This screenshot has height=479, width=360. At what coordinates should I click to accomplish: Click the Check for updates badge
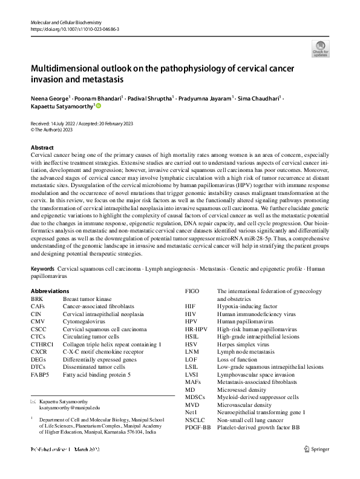point(320,48)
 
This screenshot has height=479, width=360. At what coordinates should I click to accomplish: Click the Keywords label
point(43,268)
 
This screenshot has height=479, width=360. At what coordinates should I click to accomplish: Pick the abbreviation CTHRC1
point(44,344)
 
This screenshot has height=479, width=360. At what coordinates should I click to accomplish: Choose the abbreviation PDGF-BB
point(198,428)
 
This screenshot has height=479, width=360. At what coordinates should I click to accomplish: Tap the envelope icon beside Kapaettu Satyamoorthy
point(33,401)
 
